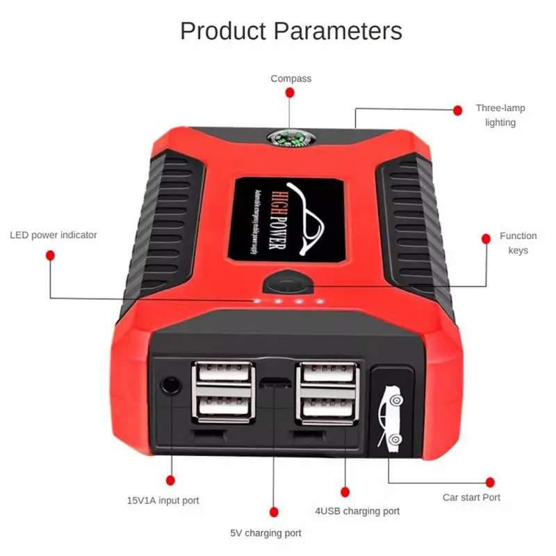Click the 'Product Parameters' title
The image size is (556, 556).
click(291, 31)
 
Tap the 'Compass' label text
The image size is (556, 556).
click(291, 79)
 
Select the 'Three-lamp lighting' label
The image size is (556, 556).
click(500, 115)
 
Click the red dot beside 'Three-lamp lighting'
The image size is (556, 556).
click(457, 110)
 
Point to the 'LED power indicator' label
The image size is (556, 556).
click(54, 235)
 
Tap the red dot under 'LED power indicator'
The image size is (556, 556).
click(50, 256)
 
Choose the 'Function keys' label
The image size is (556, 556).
click(518, 243)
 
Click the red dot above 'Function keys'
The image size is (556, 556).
click(486, 238)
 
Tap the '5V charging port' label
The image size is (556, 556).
click(265, 533)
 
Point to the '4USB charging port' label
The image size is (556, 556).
click(357, 511)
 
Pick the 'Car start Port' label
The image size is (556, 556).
click(471, 497)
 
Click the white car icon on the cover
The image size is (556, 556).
click(391, 416)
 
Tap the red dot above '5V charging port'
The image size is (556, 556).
click(274, 512)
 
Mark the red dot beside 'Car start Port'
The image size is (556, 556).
click(490, 482)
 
